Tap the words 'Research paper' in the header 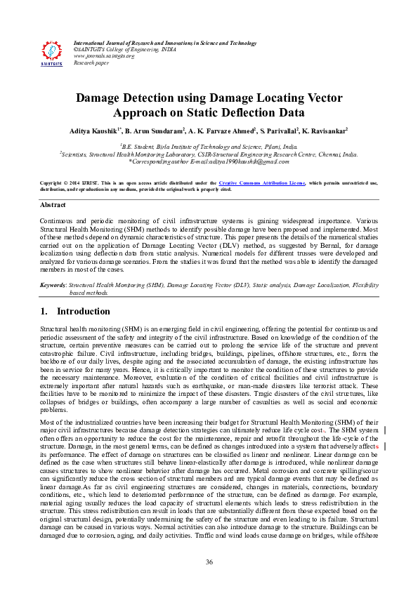pyautogui.click(x=91, y=62)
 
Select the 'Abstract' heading pyautogui.click(x=53, y=205)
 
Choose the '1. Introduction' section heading pyautogui.click(x=74, y=311)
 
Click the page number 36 pyautogui.click(x=209, y=562)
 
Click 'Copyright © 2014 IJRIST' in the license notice pyautogui.click(x=74, y=182)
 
